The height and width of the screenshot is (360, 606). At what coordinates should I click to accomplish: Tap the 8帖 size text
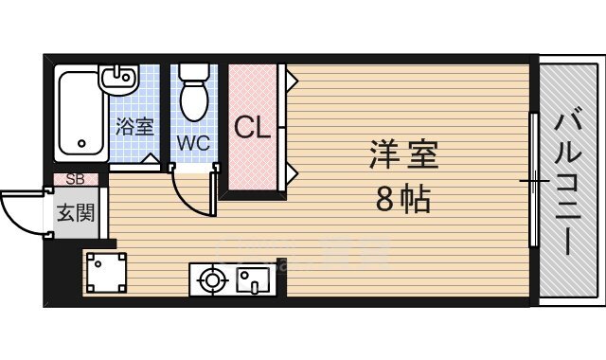[402, 199]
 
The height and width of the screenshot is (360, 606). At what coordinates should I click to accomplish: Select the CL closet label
[252, 127]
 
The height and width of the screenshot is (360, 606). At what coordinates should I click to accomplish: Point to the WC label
[192, 144]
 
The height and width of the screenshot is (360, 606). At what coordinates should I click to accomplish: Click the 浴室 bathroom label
[135, 126]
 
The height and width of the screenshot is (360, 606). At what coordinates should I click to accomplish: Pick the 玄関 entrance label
[76, 213]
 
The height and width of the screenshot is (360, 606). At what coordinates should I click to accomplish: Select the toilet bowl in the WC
[195, 99]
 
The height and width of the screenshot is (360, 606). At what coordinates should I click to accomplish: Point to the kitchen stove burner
[210, 279]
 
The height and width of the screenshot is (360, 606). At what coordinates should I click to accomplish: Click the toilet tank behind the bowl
[195, 72]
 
